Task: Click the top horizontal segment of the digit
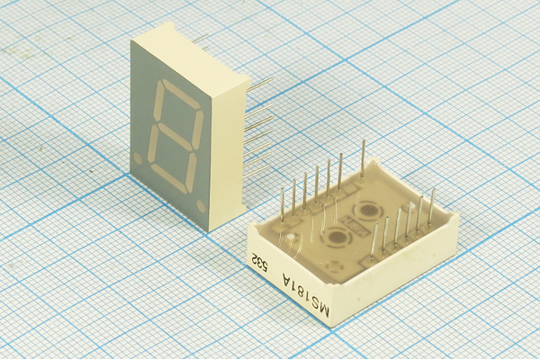tap(180, 93)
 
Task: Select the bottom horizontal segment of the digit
tap(170, 178)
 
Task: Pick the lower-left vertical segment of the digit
tap(154, 144)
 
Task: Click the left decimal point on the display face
tap(138, 158)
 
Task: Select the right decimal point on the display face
tap(201, 206)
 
